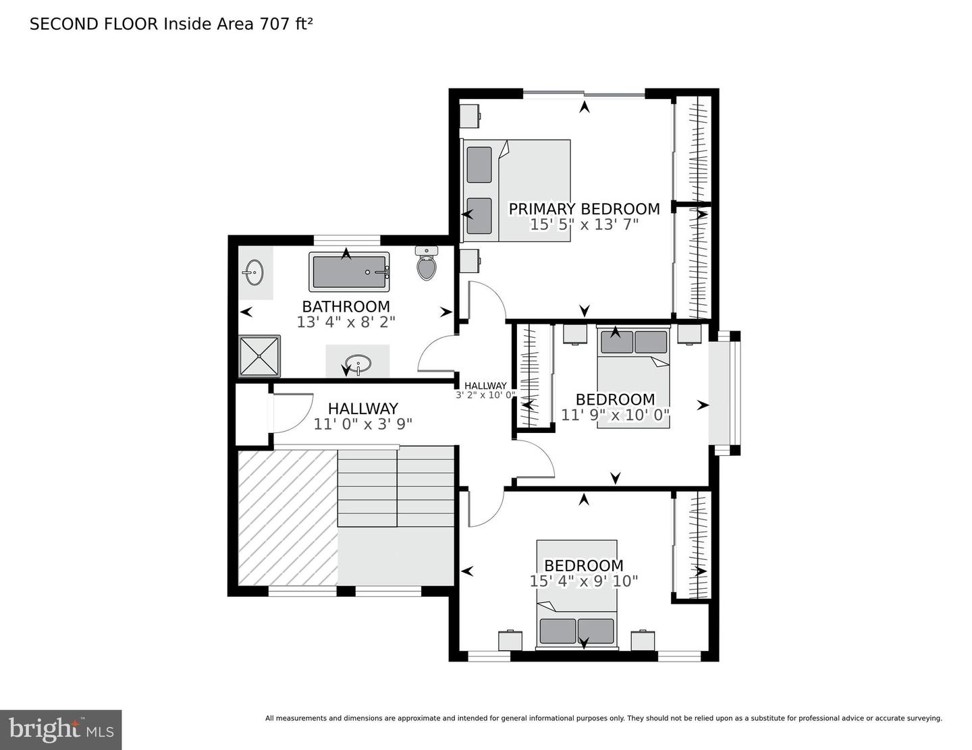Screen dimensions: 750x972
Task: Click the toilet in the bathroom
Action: point(427,264)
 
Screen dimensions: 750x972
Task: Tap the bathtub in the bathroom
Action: point(349,271)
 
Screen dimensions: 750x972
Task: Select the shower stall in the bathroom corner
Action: point(259,355)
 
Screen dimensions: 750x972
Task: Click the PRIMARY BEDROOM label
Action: point(584,209)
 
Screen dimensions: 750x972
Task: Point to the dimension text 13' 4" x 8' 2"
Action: point(346,322)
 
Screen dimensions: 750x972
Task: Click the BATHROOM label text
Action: point(346,306)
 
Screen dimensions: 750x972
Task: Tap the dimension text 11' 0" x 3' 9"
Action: point(362,424)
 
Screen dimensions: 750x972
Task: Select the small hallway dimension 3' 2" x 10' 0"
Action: point(485,395)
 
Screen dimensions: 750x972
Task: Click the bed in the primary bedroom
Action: point(516,190)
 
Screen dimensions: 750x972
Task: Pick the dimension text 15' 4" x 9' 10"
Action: point(584,581)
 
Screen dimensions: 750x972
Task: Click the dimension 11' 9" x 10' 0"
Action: point(615,415)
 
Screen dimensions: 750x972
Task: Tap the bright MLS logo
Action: point(61,730)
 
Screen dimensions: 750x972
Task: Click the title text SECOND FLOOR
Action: point(94,24)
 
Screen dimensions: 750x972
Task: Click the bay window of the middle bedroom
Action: point(724,393)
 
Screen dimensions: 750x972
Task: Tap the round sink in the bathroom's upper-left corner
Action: point(254,273)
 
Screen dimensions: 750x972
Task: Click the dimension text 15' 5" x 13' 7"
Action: point(584,225)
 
